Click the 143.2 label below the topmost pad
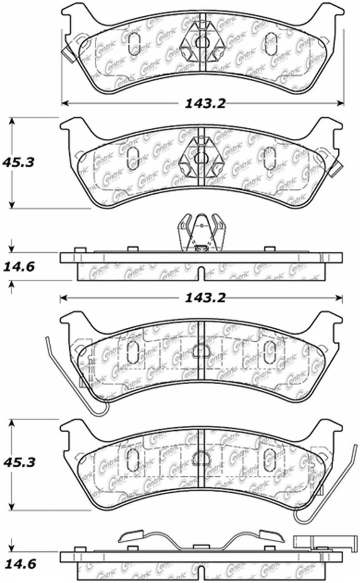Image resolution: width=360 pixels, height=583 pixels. tap(205, 103)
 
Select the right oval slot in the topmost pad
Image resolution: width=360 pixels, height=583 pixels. tap(269, 41)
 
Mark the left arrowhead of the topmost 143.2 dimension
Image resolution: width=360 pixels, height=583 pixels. tap(65, 103)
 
